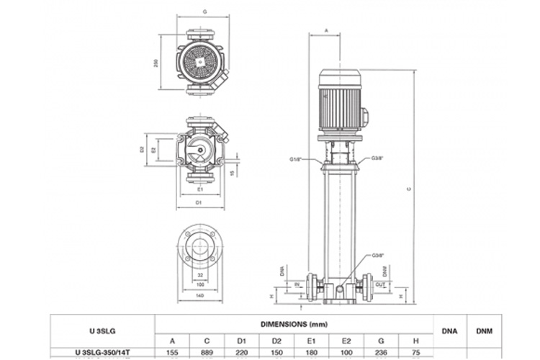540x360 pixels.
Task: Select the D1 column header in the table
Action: click(243, 341)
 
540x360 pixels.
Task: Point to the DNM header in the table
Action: click(485, 331)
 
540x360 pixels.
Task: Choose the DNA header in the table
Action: click(449, 331)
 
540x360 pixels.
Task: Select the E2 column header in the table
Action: click(347, 341)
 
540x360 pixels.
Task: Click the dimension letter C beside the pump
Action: click(409, 189)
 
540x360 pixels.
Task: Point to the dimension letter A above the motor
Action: click(326, 31)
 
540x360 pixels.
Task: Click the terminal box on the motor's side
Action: click(364, 113)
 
